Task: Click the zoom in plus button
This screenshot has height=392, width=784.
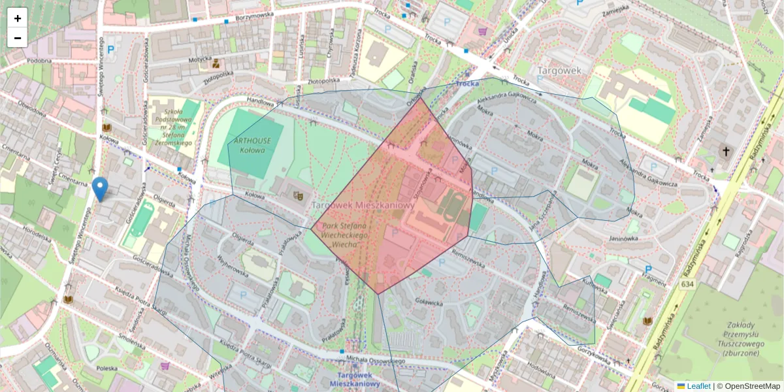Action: pos(18,18)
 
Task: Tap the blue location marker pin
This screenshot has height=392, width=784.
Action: pos(100,188)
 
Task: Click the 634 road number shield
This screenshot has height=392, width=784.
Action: pos(687,285)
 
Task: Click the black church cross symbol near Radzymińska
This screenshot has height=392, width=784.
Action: pos(725,152)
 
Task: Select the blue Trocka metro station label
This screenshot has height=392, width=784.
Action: pos(468,84)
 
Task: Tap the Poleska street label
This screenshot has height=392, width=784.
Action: pos(106,369)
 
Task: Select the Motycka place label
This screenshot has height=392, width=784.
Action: pos(200,59)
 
